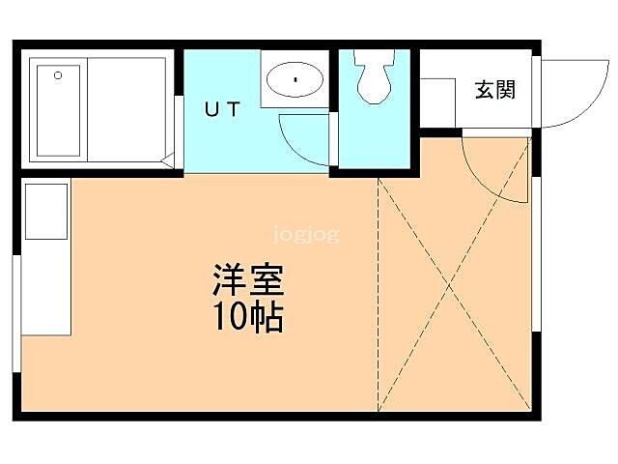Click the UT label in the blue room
(x=220, y=108)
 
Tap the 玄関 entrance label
(x=493, y=90)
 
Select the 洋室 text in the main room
(x=246, y=281)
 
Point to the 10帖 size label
(x=246, y=316)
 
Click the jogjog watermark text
(x=306, y=234)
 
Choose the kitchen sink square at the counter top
(x=45, y=211)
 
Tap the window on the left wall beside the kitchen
(x=16, y=309)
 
